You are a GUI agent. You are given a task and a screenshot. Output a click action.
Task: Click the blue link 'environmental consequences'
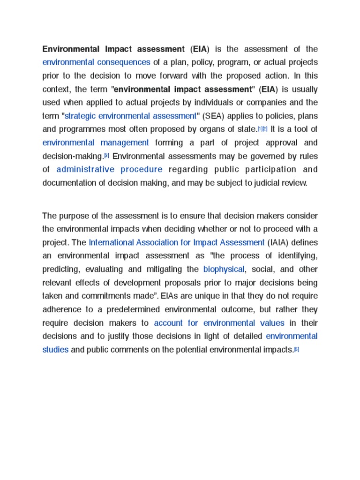coord(96,62)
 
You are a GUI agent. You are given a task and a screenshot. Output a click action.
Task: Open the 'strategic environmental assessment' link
coord(130,116)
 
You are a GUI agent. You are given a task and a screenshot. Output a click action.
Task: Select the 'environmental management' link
coord(96,142)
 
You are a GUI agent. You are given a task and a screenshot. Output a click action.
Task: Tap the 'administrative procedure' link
coord(109,169)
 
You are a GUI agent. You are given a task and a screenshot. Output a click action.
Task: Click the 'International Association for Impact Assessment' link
coord(177,242)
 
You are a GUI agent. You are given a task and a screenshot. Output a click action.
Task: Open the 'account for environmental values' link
coord(219,323)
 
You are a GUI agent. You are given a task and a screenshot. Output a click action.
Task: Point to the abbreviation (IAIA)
coord(279,242)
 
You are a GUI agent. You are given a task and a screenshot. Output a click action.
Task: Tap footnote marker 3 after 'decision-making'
coord(106,155)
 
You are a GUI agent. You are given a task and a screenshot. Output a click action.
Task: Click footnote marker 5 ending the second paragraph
coord(296,349)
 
